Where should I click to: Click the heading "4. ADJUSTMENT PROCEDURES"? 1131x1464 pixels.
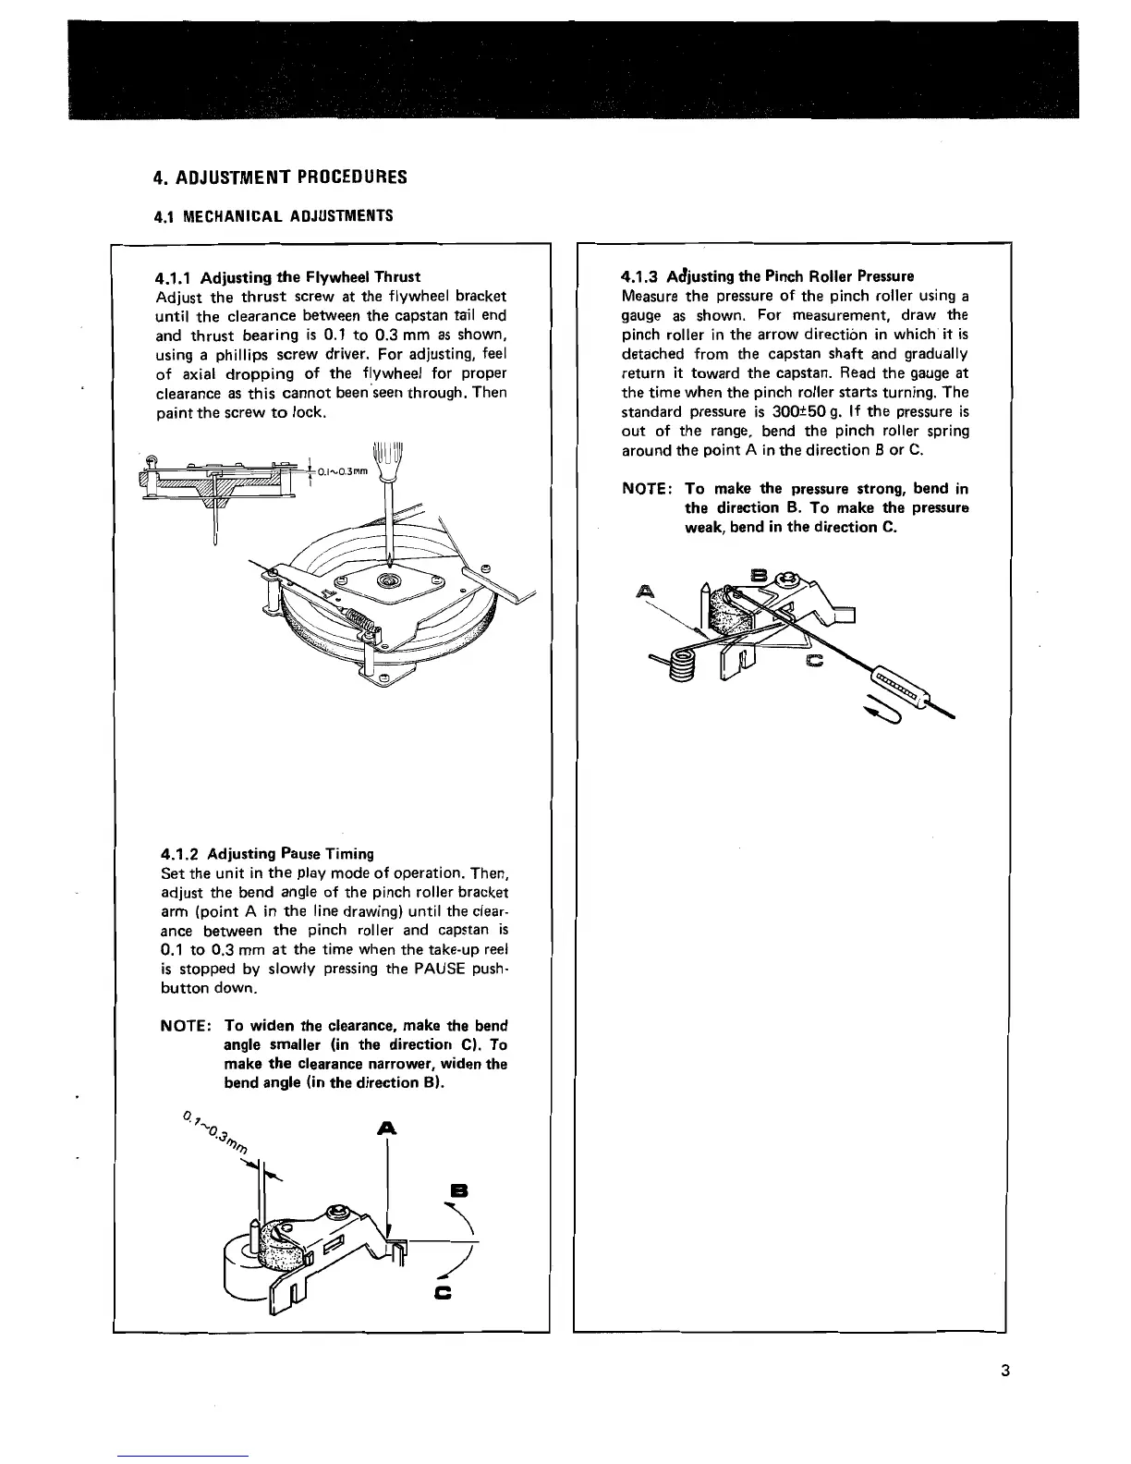280,177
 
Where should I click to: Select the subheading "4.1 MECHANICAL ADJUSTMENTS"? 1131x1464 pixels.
273,216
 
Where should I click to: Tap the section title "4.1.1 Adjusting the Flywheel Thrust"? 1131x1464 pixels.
288,277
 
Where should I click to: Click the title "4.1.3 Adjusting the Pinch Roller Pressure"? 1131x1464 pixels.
768,276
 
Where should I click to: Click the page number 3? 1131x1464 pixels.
1003,1371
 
